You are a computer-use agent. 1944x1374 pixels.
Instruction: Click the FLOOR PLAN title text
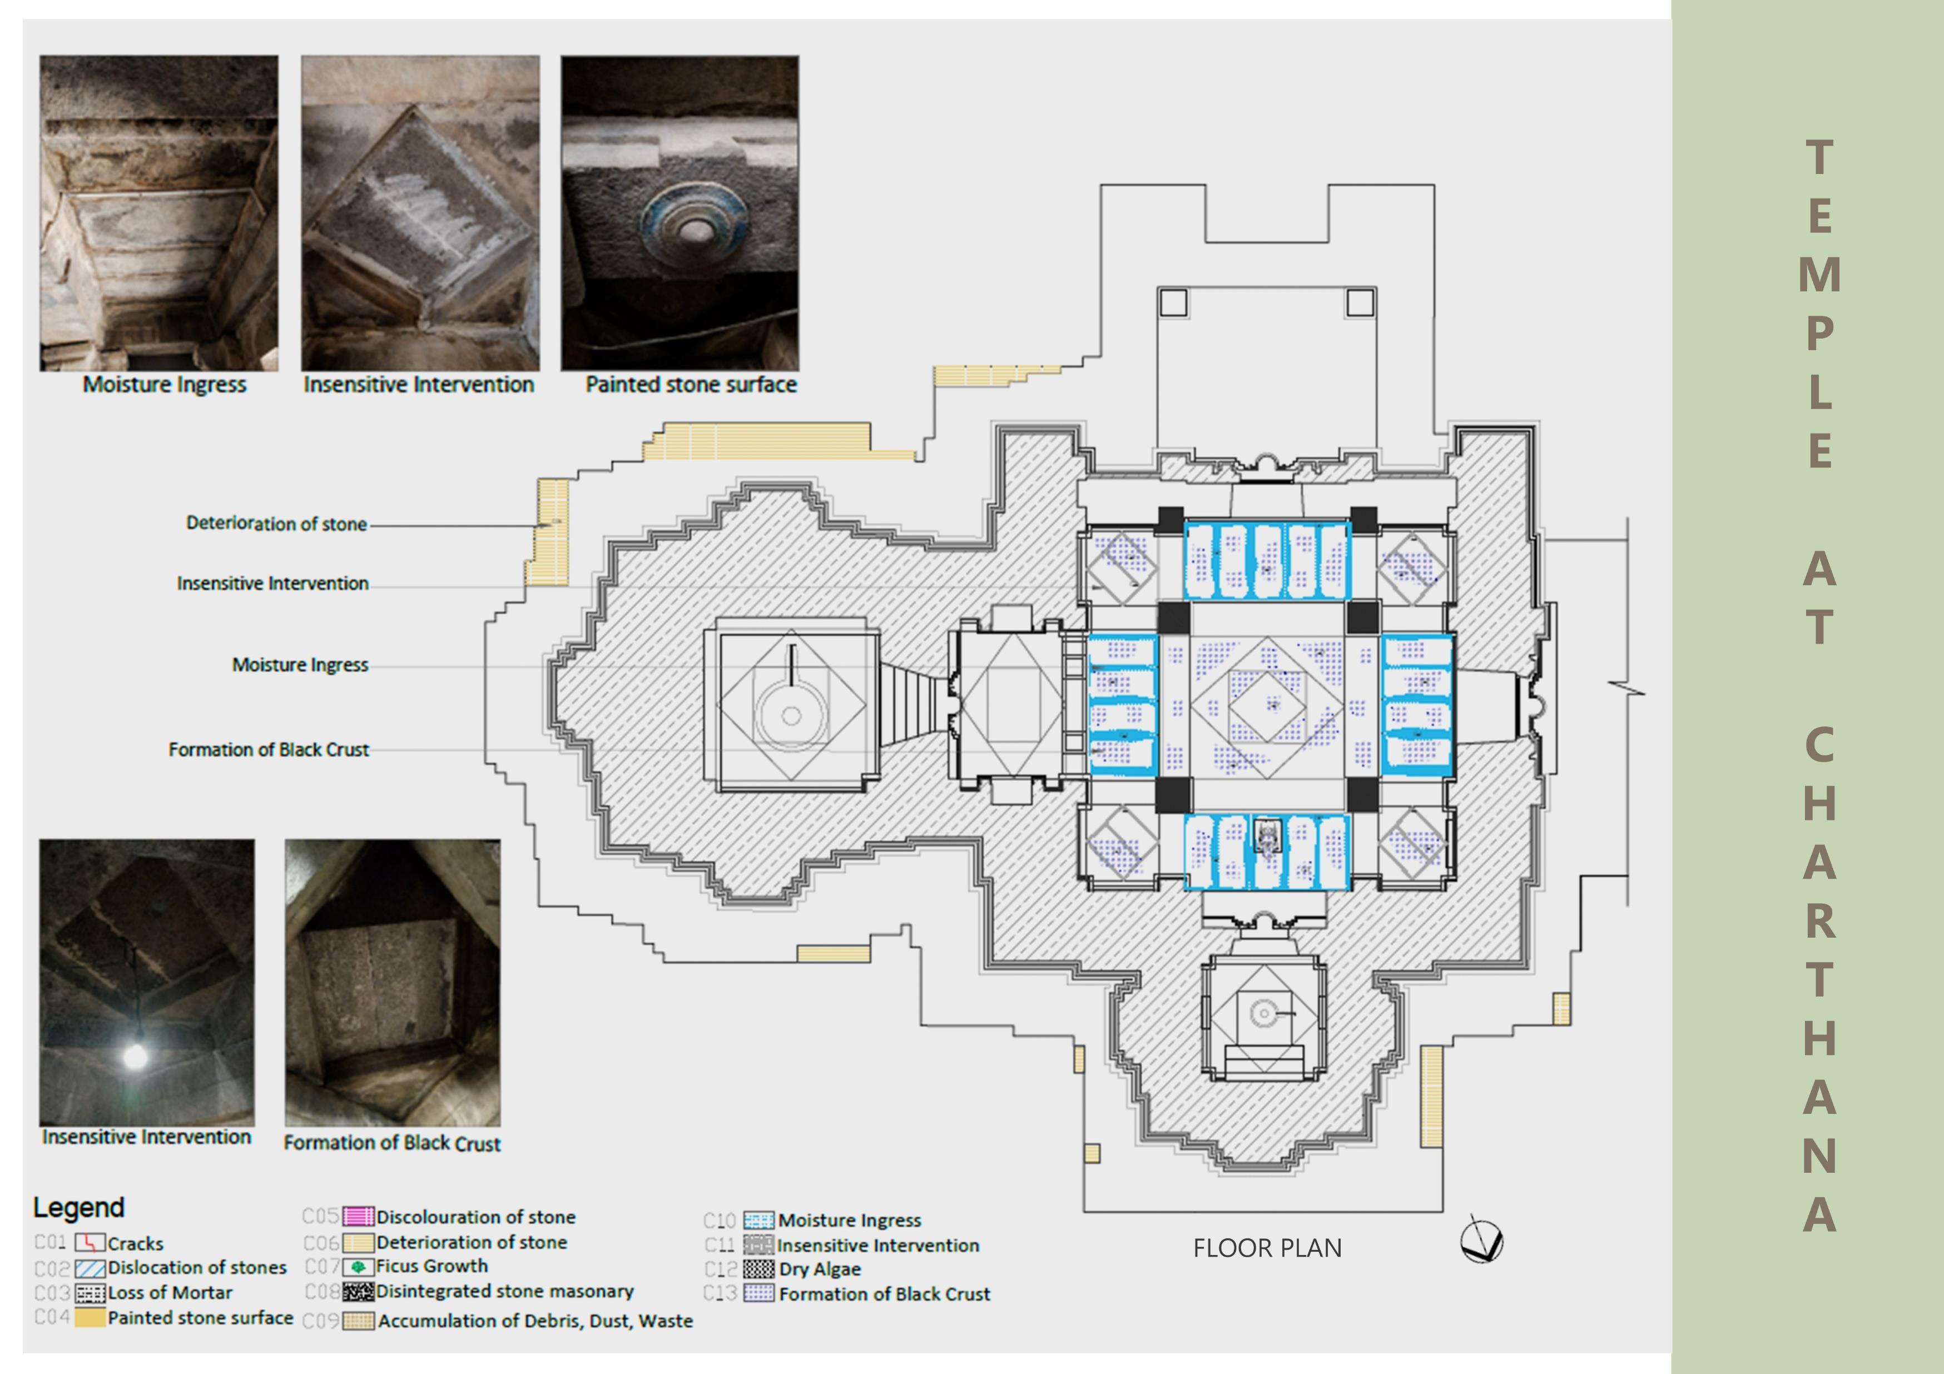pyautogui.click(x=1267, y=1248)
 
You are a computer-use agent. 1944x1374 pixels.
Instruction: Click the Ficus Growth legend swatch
pyautogui.click(x=358, y=1267)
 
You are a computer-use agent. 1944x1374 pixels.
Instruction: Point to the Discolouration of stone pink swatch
pyautogui.click(x=358, y=1217)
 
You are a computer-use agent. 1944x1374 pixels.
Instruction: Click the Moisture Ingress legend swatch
pyautogui.click(x=758, y=1220)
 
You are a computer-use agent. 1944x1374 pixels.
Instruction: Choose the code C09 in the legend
pyautogui.click(x=320, y=1321)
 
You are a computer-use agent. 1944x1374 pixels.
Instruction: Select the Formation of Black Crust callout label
pyautogui.click(x=269, y=749)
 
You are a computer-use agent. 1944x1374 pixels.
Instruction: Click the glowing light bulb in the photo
pyautogui.click(x=135, y=1055)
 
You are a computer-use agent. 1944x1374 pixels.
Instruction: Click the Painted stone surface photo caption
pyautogui.click(x=691, y=384)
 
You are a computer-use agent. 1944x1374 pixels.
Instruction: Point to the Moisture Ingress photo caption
pyautogui.click(x=164, y=384)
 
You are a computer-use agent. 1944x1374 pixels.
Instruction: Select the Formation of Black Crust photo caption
pyautogui.click(x=392, y=1143)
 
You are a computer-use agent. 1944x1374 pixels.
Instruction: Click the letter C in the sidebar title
pyautogui.click(x=1819, y=745)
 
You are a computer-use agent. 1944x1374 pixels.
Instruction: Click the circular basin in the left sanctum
pyautogui.click(x=791, y=715)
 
